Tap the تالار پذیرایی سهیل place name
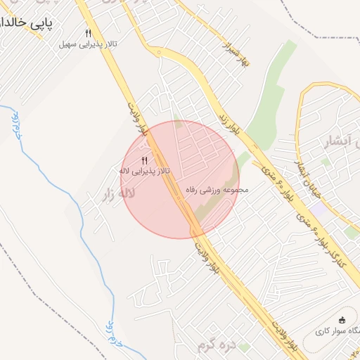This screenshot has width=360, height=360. click(87, 44)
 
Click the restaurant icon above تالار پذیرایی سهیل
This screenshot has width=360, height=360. click(88, 33)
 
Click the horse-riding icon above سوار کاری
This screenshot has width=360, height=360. click(342, 319)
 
